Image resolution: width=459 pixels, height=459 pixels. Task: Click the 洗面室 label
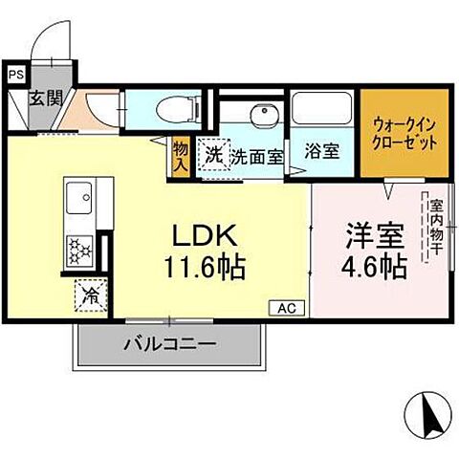pyautogui.click(x=257, y=156)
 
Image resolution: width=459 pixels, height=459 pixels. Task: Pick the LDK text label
pyautogui.click(x=204, y=234)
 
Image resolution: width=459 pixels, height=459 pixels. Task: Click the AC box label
pyautogui.click(x=287, y=308)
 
